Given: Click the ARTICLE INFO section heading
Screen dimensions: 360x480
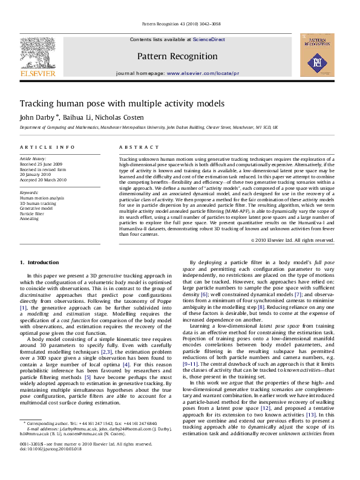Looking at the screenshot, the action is (42, 148).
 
